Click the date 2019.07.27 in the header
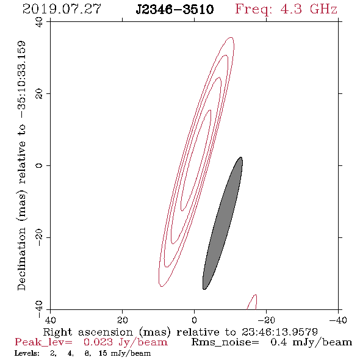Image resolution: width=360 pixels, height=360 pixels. [x=62, y=9]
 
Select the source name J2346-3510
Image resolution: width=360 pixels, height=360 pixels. [x=175, y=9]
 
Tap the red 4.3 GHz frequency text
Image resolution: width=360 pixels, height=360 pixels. [x=309, y=9]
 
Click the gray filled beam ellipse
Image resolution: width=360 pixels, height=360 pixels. [x=223, y=223]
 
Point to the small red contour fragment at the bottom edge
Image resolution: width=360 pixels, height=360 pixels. [x=253, y=301]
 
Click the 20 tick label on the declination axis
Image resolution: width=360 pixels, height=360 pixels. [x=39, y=94]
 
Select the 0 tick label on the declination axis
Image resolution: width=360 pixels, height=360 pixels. [x=39, y=165]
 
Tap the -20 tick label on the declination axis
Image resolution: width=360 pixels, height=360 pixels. [x=39, y=237]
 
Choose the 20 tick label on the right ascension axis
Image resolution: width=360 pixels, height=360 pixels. [x=122, y=320]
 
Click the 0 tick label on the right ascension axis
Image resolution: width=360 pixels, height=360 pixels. [x=194, y=320]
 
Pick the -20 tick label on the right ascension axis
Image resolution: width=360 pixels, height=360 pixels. [x=266, y=320]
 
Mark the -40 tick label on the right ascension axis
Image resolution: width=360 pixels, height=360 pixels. [x=338, y=320]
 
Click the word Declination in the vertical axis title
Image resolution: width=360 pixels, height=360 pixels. [x=21, y=259]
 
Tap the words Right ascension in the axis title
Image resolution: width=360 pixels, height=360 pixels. [x=88, y=332]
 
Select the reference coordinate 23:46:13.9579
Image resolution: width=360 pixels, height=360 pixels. [x=279, y=332]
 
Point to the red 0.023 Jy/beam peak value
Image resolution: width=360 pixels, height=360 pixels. [x=125, y=342]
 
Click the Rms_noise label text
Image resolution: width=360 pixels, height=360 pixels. [x=225, y=342]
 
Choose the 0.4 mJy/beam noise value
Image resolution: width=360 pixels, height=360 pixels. [x=311, y=342]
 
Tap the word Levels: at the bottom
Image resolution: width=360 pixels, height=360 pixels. [x=27, y=353]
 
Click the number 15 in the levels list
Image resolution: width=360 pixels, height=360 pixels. [x=103, y=353]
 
